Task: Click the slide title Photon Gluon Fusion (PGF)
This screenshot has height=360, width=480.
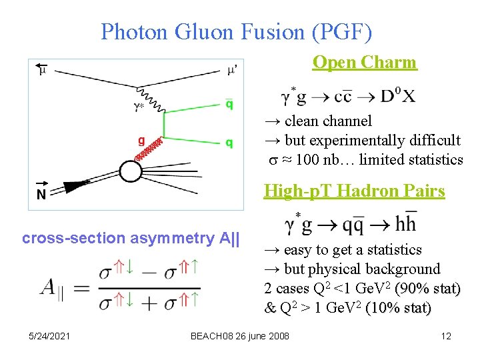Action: [237, 31]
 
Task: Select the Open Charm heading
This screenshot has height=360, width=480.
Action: [365, 63]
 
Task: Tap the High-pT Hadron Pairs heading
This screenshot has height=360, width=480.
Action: [354, 191]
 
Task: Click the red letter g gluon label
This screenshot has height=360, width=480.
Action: [141, 141]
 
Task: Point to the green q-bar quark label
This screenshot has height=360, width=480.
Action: [229, 104]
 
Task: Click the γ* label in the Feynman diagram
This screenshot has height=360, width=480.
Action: [138, 105]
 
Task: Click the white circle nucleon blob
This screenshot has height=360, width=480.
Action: [131, 172]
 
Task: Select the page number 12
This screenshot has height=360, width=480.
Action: [446, 336]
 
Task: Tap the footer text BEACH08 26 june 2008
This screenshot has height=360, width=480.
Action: [240, 336]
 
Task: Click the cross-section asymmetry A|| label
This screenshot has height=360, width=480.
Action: [131, 238]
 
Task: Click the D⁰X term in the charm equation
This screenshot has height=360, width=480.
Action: [399, 97]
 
